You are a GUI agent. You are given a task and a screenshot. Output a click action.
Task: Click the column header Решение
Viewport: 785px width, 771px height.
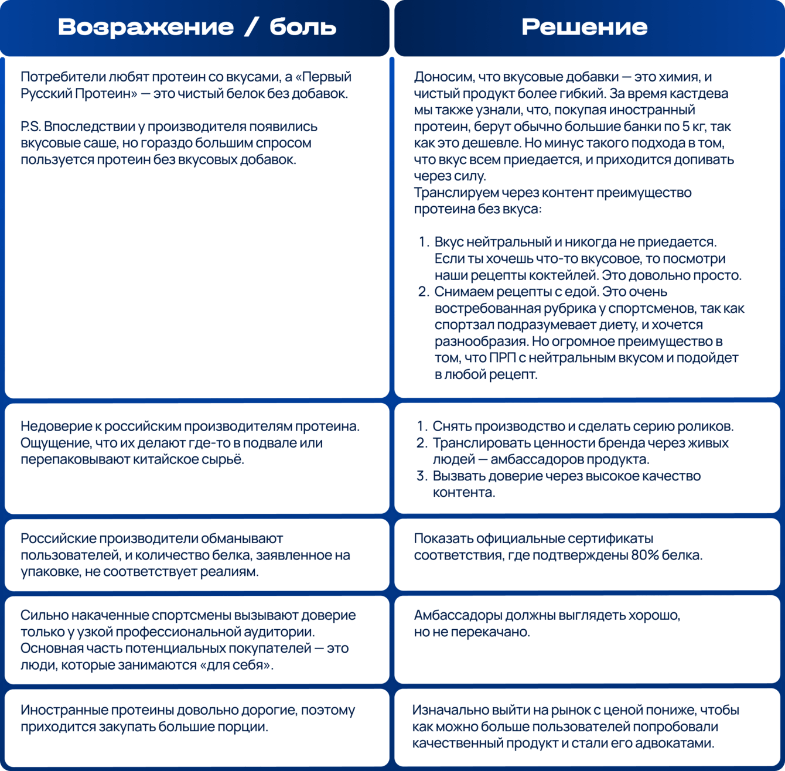tap(584, 27)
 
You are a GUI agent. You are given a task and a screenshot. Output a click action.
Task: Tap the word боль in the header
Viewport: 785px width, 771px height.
tap(303, 27)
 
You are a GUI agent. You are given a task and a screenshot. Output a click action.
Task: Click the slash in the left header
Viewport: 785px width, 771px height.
tap(251, 27)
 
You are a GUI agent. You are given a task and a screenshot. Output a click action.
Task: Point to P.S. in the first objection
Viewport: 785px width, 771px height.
tap(30, 127)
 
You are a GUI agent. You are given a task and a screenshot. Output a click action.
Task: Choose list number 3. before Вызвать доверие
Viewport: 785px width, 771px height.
tap(422, 476)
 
